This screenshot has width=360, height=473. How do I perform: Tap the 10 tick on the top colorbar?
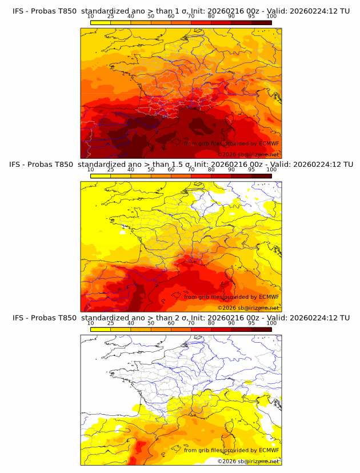click(90, 17)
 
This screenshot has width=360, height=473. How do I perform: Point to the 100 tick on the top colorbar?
click(271, 17)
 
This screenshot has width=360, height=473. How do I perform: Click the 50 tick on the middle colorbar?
click(151, 170)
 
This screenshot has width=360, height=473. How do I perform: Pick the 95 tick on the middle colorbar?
click(251, 170)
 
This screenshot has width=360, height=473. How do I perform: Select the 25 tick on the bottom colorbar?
click(110, 323)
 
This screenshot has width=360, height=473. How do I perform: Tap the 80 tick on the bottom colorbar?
click(211, 323)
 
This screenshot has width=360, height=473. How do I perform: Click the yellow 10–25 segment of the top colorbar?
click(101, 23)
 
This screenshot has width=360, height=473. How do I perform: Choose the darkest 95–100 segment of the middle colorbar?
click(262, 176)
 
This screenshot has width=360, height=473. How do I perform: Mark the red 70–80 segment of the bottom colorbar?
click(201, 329)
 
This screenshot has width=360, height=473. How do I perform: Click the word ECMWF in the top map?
click(269, 144)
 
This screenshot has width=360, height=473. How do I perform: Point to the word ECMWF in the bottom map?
click(269, 450)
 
